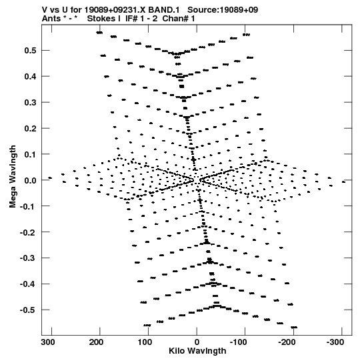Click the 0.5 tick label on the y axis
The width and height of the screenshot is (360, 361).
pos(31,51)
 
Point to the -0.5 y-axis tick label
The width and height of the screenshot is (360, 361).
pos(28,310)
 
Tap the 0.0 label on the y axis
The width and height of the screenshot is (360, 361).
pos(31,180)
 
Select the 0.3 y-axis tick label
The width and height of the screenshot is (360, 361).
pos(31,103)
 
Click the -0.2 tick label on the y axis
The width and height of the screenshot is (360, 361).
pos(28,232)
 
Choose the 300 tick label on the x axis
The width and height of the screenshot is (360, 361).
pos(48,342)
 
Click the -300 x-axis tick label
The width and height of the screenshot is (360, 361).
pos(335,342)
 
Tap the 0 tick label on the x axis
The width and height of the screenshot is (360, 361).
pos(197,342)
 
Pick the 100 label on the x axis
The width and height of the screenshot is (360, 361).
pos(145,342)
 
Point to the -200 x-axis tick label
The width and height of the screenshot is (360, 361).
pos(287,342)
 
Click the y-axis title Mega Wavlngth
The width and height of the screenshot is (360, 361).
pos(13,177)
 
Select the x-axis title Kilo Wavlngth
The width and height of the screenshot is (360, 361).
pos(197,351)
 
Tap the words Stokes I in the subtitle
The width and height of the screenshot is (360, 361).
pos(104,19)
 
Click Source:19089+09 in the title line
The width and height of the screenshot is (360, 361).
pos(223,10)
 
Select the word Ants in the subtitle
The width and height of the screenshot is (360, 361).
pos(51,19)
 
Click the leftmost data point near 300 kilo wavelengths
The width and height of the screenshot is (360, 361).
pos(50,178)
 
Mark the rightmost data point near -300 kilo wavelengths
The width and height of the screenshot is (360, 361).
pos(344,182)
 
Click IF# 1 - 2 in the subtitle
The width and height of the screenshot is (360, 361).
pos(141,19)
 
